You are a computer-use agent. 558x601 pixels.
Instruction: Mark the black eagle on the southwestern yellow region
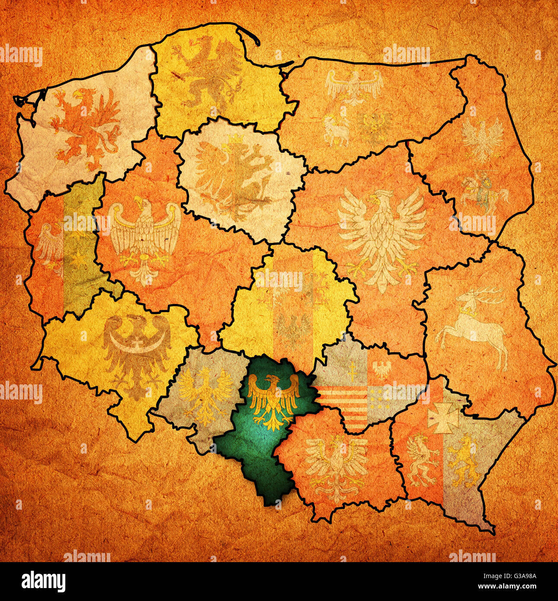pos(136,350)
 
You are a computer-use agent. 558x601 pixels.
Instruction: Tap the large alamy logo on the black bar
pos(43,582)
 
